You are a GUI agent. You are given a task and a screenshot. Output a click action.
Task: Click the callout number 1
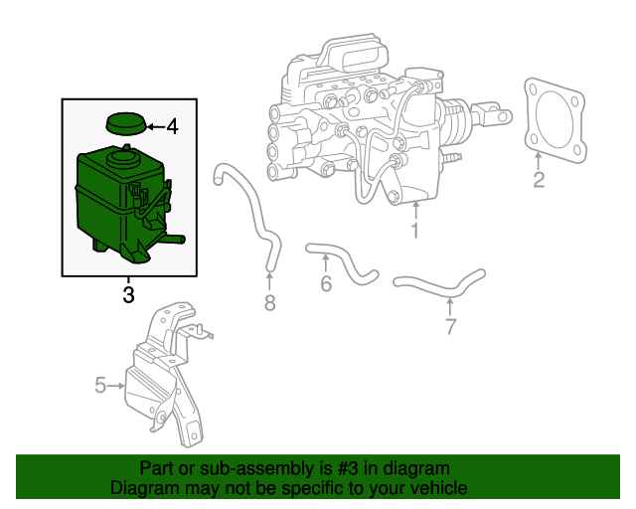[415, 231]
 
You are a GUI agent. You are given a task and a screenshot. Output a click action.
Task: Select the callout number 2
[539, 180]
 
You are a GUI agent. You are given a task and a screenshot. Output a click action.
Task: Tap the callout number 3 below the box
[128, 294]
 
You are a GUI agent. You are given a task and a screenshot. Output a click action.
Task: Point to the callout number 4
[172, 126]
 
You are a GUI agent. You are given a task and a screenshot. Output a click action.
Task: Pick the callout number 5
[100, 385]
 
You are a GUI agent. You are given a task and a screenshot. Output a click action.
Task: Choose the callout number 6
[325, 283]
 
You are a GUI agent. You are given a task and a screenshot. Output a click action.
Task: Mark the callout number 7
[450, 325]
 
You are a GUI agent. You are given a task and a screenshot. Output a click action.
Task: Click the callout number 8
[269, 302]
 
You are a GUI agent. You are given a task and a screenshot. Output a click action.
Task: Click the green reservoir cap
[125, 124]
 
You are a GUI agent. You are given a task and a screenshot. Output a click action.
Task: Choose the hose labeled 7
[437, 283]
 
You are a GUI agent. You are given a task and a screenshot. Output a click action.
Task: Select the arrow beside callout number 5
[117, 385]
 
